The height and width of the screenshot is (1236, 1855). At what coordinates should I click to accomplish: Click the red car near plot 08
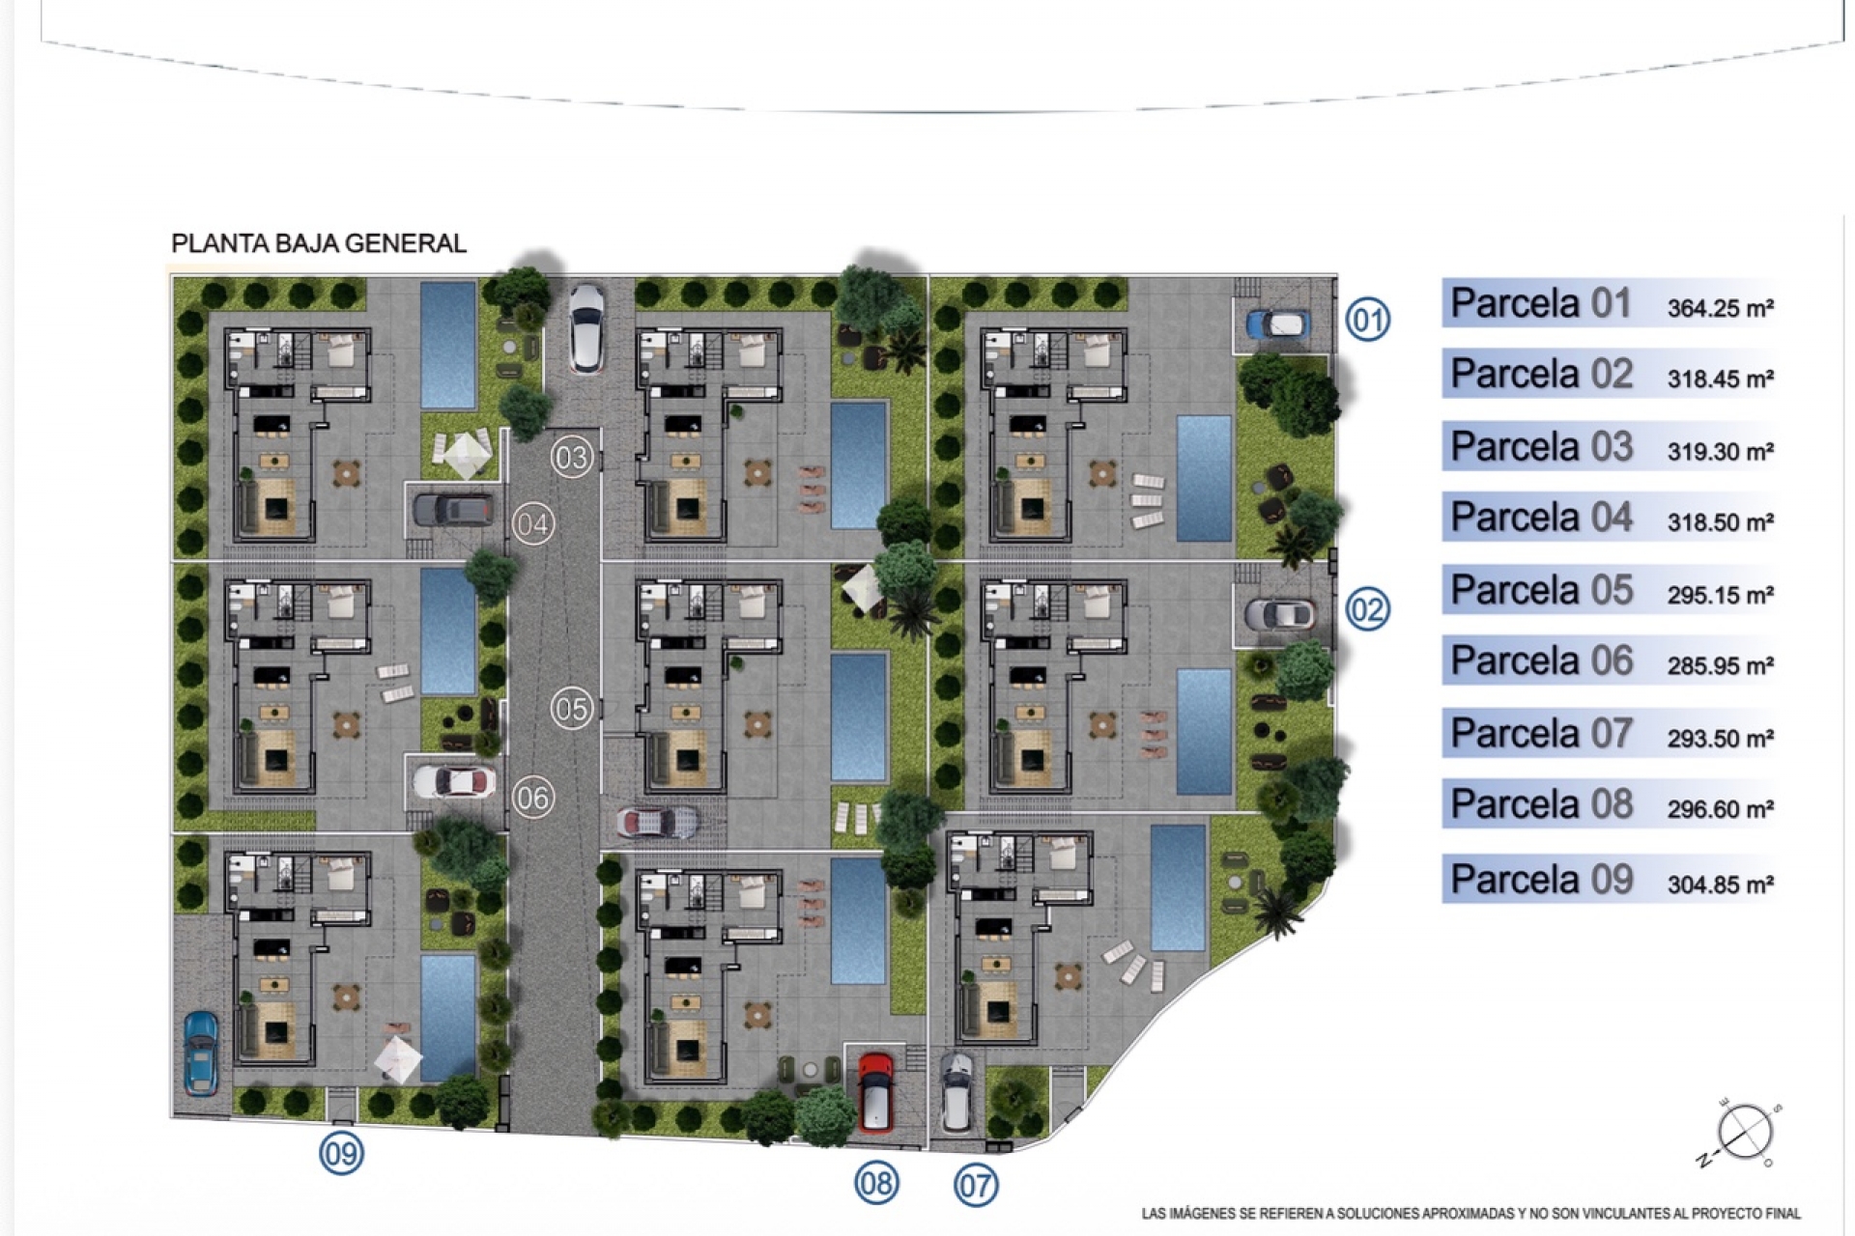pyautogui.click(x=874, y=1091)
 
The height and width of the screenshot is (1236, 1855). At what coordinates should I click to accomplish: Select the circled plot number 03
pyautogui.click(x=571, y=457)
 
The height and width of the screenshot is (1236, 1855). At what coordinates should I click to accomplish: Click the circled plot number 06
pyautogui.click(x=532, y=798)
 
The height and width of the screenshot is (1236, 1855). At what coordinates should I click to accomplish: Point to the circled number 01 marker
pyautogui.click(x=1368, y=319)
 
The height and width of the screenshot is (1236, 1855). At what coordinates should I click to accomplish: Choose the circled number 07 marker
pyautogui.click(x=976, y=1185)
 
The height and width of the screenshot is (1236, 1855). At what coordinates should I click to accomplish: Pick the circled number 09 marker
pyautogui.click(x=341, y=1153)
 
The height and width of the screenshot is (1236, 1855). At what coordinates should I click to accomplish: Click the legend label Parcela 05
pyautogui.click(x=1541, y=590)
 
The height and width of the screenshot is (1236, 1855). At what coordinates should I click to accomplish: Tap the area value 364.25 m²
pyautogui.click(x=1720, y=308)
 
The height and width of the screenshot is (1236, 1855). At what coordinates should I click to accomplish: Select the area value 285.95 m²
pyautogui.click(x=1720, y=665)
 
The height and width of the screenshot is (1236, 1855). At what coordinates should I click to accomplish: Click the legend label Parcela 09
pyautogui.click(x=1541, y=880)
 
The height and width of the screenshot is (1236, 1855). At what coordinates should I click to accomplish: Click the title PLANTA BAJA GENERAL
pyautogui.click(x=319, y=243)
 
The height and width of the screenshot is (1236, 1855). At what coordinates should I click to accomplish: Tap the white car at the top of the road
pyautogui.click(x=585, y=327)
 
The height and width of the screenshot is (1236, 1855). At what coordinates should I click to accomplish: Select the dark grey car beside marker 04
pyautogui.click(x=454, y=509)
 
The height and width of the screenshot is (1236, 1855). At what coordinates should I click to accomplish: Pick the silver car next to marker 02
pyautogui.click(x=1279, y=614)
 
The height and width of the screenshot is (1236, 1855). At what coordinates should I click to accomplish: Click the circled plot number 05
pyautogui.click(x=571, y=709)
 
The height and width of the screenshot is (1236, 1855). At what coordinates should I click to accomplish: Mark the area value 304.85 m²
pyautogui.click(x=1720, y=885)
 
